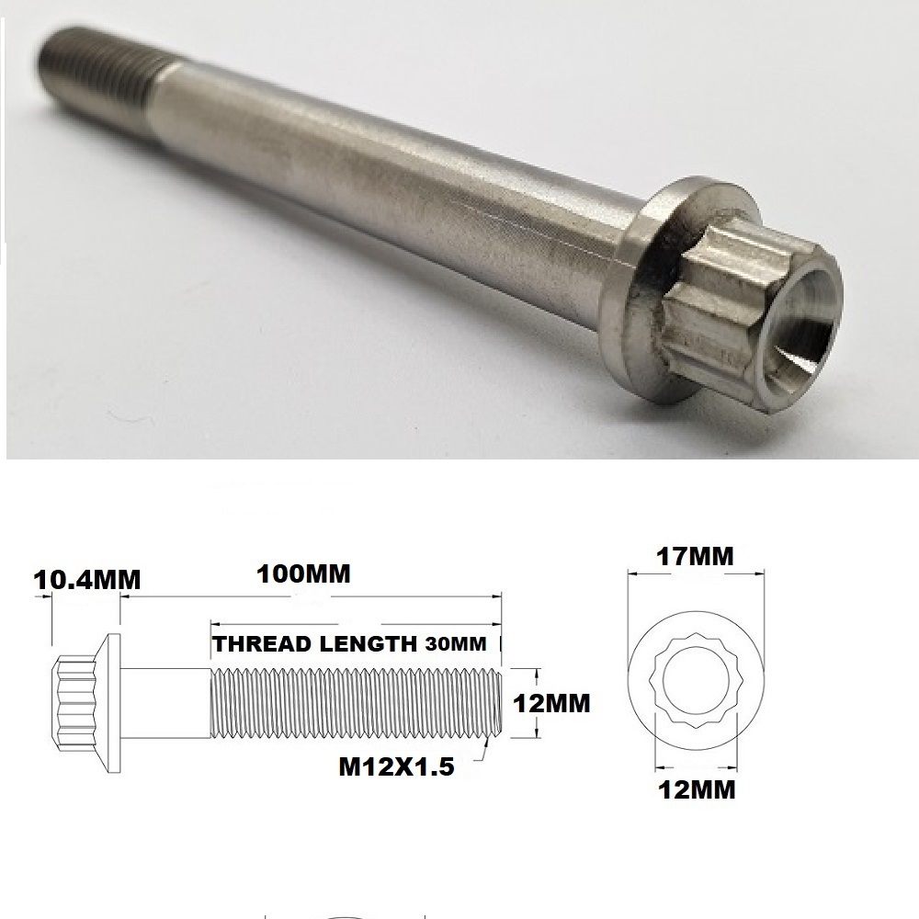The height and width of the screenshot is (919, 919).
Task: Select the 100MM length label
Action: coord(304,574)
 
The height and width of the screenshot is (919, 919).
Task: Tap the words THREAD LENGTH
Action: coord(314,643)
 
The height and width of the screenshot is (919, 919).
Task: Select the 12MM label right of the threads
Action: coord(551,704)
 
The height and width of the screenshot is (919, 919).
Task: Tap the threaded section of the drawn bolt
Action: coord(354,703)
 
